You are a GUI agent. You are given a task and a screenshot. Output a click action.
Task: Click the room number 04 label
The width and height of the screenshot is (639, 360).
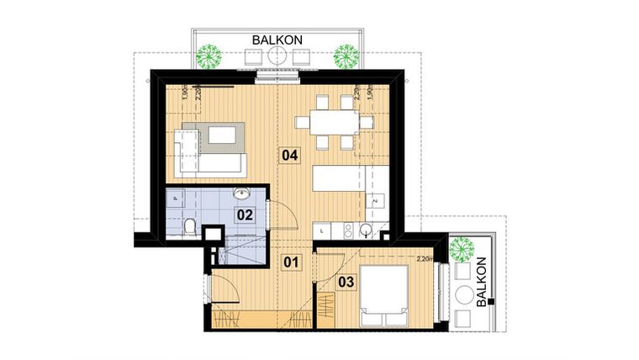pos(290,155)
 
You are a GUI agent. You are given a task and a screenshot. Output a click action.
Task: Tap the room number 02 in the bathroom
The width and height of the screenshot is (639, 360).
pos(245,214)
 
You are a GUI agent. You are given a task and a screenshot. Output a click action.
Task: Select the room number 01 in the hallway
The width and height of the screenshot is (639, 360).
pos(291,262)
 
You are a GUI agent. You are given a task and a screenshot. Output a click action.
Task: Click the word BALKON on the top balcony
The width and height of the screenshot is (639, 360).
pos(277,39)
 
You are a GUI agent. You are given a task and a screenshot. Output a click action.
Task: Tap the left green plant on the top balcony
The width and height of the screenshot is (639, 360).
pos(209,56)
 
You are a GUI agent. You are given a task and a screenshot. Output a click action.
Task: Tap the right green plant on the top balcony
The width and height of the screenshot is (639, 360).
pos(346,56)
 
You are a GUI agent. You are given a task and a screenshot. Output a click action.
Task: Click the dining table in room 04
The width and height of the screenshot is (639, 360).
pos(335,123)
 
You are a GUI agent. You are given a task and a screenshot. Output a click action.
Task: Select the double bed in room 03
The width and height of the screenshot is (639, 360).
pos(383,295)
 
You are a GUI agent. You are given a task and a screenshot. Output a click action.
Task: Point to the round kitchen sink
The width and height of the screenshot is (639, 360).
pos(366,230)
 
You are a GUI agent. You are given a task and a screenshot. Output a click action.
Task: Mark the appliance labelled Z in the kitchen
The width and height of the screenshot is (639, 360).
pos(374,202)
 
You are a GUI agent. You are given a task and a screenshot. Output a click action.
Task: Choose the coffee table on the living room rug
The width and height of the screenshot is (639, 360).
pos(222,135)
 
